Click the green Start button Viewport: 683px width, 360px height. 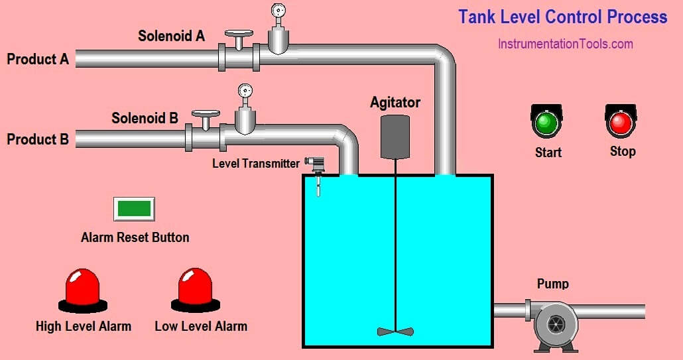coord(546,122)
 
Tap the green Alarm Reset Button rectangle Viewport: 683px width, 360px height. coord(134,208)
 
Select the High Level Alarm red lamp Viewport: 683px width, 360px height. coord(82,287)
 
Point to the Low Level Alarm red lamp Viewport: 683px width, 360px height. coord(195,287)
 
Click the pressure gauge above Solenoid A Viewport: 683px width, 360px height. coord(278,11)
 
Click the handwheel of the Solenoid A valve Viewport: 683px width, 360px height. coord(239,33)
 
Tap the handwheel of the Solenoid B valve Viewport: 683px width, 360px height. coord(206,114)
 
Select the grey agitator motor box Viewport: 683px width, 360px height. coord(395,136)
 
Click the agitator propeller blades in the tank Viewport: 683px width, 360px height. coord(395,331)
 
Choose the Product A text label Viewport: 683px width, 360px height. coord(38,59)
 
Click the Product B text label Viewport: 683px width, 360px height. coord(38,140)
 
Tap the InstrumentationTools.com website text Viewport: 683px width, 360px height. coord(566,44)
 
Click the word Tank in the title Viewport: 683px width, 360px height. coord(476,17)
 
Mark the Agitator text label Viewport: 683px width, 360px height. coord(395,102)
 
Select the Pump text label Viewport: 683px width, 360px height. coord(552,284)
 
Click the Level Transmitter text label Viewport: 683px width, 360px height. coord(256,163)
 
